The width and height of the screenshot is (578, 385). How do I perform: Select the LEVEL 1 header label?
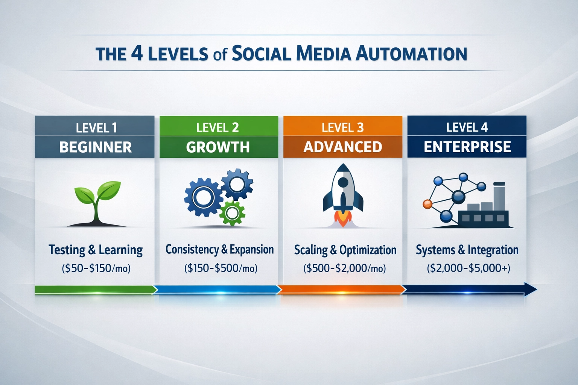tap(96, 128)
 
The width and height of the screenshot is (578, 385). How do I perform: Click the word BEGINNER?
tap(96, 147)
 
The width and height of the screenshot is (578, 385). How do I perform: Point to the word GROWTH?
tap(218, 147)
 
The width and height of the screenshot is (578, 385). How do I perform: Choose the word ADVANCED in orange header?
tap(343, 147)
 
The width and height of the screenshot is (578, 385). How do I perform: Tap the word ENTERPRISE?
tap(467, 147)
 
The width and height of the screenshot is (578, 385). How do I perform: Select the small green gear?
tap(232, 213)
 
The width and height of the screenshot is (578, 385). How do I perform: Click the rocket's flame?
tap(343, 218)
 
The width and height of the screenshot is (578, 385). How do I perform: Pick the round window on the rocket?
tap(343, 182)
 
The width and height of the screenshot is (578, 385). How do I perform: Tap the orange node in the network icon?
tap(427, 204)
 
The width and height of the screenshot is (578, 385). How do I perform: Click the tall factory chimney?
tap(499, 196)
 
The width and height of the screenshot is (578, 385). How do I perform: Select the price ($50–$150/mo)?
tap(96, 268)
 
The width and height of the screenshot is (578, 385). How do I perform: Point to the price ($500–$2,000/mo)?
tap(345, 268)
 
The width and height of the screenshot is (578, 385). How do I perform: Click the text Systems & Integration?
tap(467, 250)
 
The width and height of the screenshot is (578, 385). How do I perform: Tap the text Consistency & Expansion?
tap(220, 250)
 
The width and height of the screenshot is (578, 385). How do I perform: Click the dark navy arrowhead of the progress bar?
tap(530, 290)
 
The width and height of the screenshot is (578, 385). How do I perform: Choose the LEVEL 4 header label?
tap(467, 128)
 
